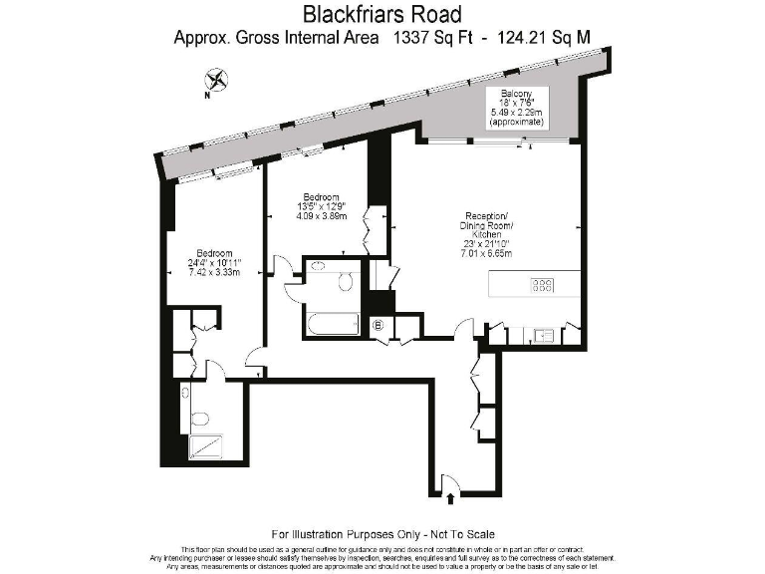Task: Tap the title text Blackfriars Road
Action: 382,15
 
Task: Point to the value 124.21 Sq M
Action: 545,39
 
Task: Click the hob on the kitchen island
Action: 543,286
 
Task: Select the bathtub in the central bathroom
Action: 332,324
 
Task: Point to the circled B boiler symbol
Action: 378,324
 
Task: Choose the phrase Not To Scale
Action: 457,535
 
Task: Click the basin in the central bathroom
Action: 318,267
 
